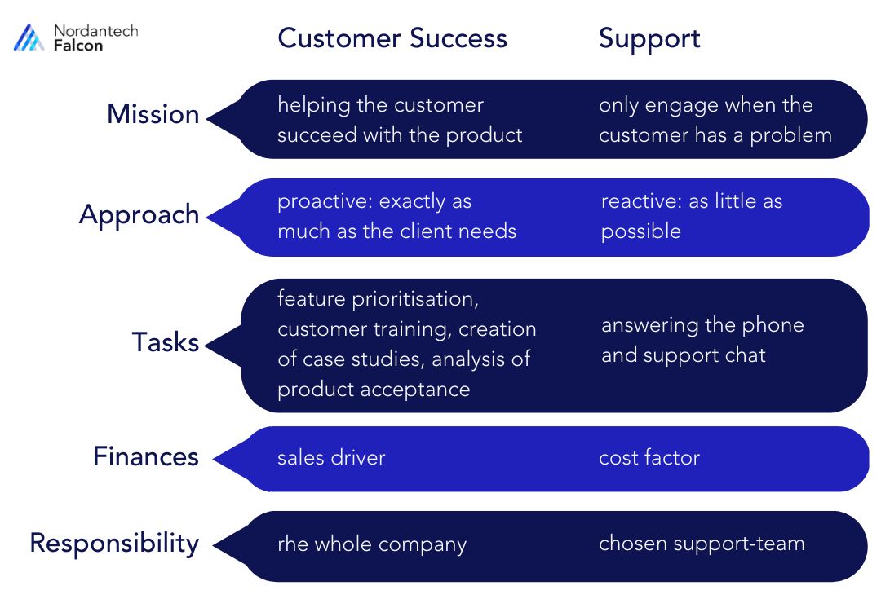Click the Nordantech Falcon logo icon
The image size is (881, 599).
pyautogui.click(x=29, y=37)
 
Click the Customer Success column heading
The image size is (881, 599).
pyautogui.click(x=392, y=38)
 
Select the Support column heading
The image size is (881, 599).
pyautogui.click(x=649, y=38)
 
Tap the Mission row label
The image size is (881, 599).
pyautogui.click(x=153, y=114)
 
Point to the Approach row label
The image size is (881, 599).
pyautogui.click(x=139, y=214)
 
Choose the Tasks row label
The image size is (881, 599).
pyautogui.click(x=166, y=342)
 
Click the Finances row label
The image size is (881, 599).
pyautogui.click(x=146, y=456)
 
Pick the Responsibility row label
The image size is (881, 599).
pyautogui.click(x=114, y=543)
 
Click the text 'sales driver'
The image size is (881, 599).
pyautogui.click(x=331, y=457)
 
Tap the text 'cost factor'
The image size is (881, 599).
pyautogui.click(x=649, y=457)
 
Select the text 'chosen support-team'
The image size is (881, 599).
pyautogui.click(x=702, y=544)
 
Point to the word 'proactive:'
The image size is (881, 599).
pyautogui.click(x=321, y=201)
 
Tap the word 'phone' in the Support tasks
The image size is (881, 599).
pyautogui.click(x=776, y=325)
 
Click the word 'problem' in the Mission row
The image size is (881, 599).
pyautogui.click(x=790, y=134)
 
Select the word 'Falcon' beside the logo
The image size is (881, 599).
pyautogui.click(x=78, y=46)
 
